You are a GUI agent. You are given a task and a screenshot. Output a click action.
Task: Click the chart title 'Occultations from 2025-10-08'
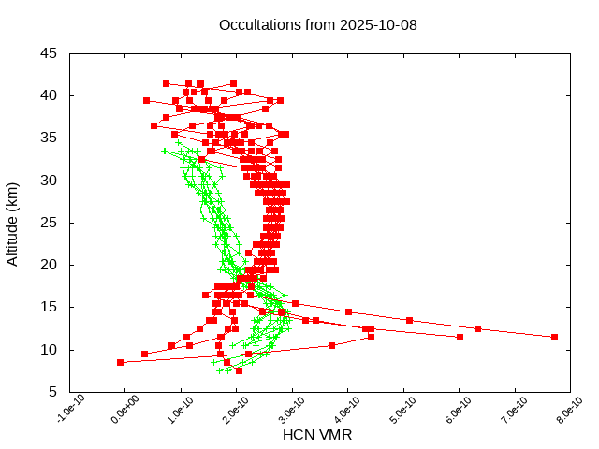[x=317, y=24]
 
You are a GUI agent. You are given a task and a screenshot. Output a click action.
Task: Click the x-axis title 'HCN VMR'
[x=317, y=434]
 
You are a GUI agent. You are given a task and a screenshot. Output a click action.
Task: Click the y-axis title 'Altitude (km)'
[x=13, y=223]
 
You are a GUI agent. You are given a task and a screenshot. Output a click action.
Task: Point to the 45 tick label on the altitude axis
[x=49, y=53]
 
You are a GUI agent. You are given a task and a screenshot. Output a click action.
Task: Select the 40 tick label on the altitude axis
[x=49, y=95]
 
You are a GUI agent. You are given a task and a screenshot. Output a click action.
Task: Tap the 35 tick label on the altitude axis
[x=49, y=138]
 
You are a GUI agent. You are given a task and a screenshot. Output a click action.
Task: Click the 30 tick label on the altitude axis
[x=49, y=180]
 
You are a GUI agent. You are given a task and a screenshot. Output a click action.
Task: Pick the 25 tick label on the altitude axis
[x=49, y=223]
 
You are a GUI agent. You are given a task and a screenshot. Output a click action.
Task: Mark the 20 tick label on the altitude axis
[x=49, y=265]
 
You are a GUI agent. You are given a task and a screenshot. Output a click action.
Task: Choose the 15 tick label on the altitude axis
[x=49, y=307]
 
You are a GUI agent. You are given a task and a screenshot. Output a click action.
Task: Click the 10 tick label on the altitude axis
[x=49, y=350]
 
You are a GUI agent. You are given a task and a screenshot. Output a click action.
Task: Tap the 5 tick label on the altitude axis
[x=52, y=392]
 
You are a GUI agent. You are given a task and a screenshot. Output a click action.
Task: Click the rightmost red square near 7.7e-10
[x=554, y=337]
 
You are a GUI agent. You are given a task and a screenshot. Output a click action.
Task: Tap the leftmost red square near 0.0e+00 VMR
[x=120, y=362]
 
